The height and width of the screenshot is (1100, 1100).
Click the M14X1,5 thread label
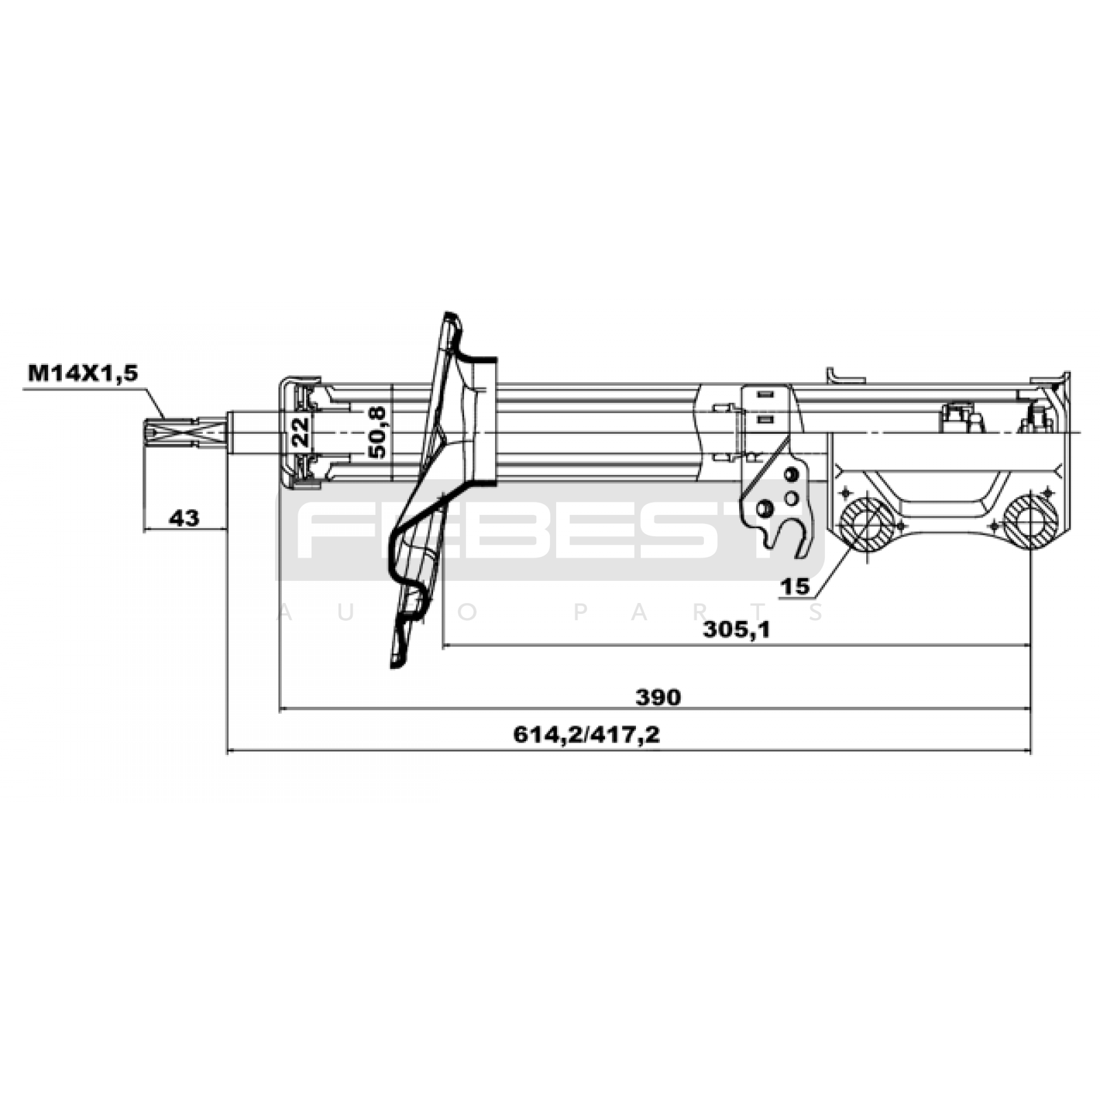coord(82,373)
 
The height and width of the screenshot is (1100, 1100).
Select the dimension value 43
coord(184,517)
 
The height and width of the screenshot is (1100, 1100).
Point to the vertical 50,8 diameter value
coord(377,432)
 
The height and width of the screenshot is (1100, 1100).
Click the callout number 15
coord(795,586)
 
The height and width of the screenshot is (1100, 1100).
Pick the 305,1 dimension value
coord(737,628)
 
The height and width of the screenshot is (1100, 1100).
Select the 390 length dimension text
coord(658,697)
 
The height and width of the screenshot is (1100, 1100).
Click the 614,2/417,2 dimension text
coord(586,735)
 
